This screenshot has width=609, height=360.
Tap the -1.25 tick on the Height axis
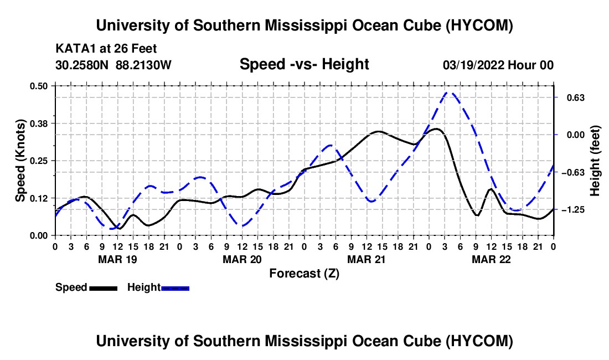click(x=573, y=210)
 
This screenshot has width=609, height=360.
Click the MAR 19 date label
click(x=118, y=259)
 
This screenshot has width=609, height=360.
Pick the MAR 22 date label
click(x=491, y=259)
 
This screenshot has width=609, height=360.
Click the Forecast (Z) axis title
click(x=304, y=274)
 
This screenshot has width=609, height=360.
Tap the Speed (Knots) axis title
click(x=20, y=161)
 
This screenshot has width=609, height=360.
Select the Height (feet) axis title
click(x=595, y=161)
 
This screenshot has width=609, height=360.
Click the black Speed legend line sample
click(x=104, y=288)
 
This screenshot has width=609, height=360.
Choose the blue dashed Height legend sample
click(x=175, y=288)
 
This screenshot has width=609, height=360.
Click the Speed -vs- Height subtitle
click(x=304, y=64)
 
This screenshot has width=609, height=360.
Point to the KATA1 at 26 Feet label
click(x=106, y=49)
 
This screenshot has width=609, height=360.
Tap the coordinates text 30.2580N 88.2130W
click(x=113, y=65)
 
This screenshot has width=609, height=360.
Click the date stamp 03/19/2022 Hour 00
click(x=498, y=65)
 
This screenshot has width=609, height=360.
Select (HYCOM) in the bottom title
click(x=479, y=341)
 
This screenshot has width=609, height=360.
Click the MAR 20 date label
click(x=242, y=259)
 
